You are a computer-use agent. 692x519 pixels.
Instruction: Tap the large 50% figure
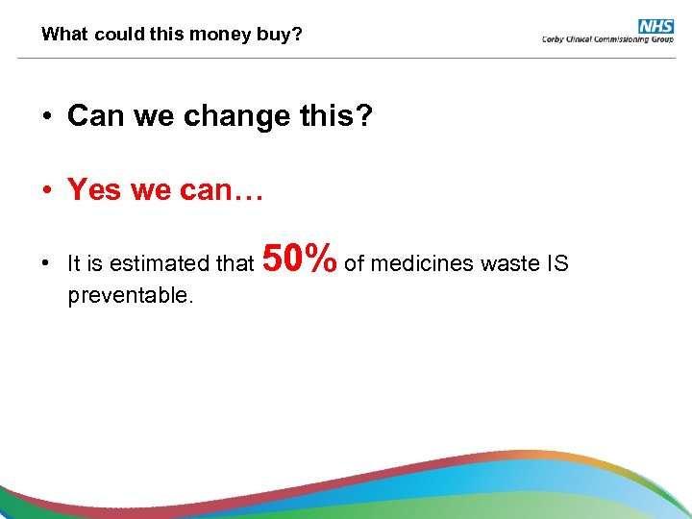(x=299, y=258)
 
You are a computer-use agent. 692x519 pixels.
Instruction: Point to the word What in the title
(x=62, y=35)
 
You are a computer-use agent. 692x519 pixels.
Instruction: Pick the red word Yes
(x=93, y=190)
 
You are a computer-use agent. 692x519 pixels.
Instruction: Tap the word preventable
(x=131, y=295)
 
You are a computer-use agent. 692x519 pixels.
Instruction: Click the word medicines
(x=416, y=262)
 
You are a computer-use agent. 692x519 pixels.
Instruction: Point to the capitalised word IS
(x=558, y=262)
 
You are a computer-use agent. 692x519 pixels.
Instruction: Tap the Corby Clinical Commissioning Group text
(x=608, y=39)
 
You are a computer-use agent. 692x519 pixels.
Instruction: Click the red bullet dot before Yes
(x=46, y=190)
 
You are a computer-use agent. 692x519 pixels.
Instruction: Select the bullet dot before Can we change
(x=46, y=117)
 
